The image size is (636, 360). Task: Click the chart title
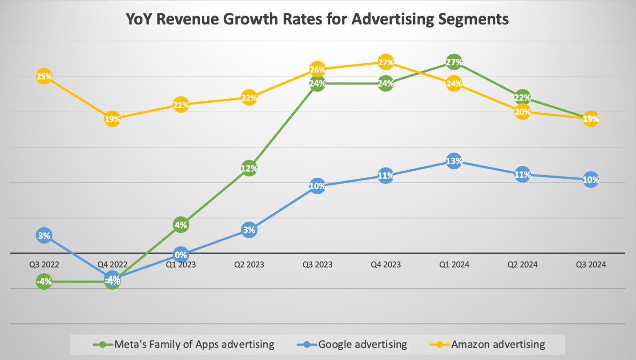coord(318,19)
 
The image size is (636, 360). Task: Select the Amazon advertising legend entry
coord(498,344)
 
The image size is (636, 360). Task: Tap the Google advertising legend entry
coord(362,344)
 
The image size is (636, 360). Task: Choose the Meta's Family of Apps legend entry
coord(194,344)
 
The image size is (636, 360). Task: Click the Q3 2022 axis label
coord(44,264)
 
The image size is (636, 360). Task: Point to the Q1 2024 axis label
coord(454,264)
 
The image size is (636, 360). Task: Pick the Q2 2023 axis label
coord(249,264)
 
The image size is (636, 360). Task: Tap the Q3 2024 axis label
coord(591,264)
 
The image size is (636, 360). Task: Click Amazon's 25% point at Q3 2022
coord(44,76)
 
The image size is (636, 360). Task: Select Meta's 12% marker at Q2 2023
coord(249,168)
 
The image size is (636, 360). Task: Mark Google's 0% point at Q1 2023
coord(181,255)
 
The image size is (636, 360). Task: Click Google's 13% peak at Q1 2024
coord(454,161)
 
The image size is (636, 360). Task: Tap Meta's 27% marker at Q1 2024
coord(454,62)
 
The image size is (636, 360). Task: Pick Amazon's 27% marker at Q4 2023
coord(386,62)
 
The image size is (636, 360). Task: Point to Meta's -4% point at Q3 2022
coord(44,281)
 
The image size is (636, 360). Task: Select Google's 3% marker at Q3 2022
coord(44,236)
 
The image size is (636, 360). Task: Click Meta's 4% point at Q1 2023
coord(181,225)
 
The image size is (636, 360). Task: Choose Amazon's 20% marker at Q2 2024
coord(523,112)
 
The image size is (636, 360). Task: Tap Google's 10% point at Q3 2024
coord(591,180)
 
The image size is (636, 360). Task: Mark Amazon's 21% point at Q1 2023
coord(181,105)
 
